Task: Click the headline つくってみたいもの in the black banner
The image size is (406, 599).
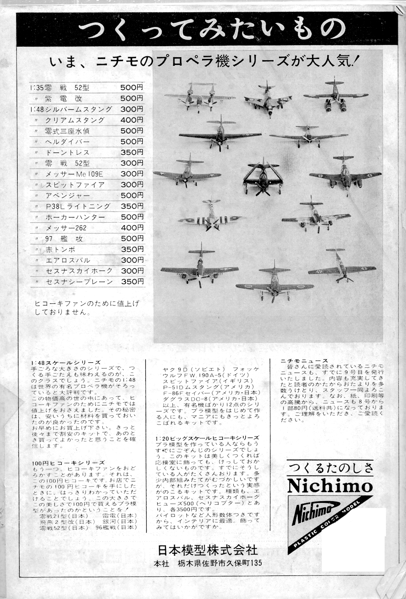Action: coord(212,29)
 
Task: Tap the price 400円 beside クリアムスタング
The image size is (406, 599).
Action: coord(132,120)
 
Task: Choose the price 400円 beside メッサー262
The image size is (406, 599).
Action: coord(132,228)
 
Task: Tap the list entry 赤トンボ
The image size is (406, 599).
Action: coord(60,250)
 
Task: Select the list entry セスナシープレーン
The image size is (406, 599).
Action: coord(79,282)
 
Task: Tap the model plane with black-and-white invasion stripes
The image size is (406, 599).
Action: coord(210,216)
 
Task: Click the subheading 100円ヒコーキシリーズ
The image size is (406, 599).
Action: coord(68,462)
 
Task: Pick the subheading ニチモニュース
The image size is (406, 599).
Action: coord(304,361)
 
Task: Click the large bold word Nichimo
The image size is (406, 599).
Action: coord(330,485)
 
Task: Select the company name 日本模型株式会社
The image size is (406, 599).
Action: coord(208,549)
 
